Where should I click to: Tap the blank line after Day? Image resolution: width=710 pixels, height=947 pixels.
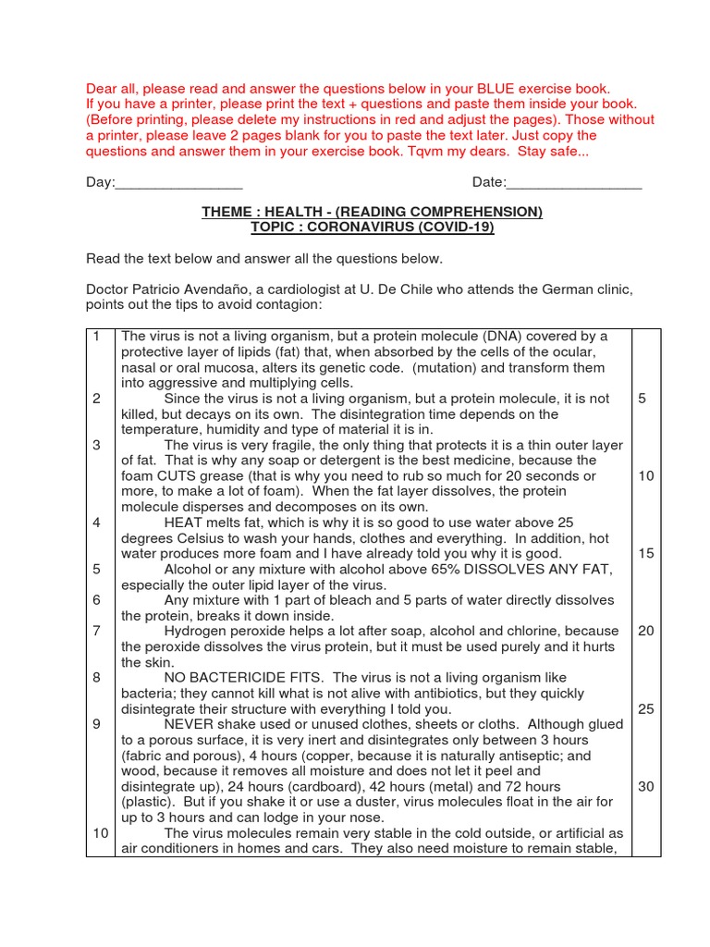178,183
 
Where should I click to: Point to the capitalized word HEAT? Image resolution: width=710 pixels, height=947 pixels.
183,523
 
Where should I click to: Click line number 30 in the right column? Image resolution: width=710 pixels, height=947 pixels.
645,786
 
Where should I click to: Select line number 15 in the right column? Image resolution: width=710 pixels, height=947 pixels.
645,553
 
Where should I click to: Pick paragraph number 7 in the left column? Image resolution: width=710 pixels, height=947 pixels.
96,631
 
